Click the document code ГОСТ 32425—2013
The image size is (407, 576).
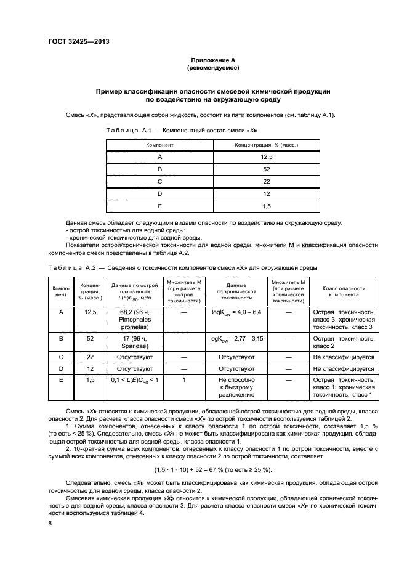click(75, 42)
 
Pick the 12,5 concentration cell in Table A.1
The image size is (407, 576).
click(267, 157)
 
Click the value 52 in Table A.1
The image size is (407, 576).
click(267, 169)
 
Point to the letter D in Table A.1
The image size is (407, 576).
click(159, 194)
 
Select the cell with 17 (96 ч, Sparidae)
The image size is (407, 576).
click(134, 343)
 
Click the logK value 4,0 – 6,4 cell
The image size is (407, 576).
click(236, 313)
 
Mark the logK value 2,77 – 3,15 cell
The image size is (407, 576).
click(236, 339)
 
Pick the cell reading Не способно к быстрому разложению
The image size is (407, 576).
click(236, 388)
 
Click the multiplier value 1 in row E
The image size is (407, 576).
click(184, 380)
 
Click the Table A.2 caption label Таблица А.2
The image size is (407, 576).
click(71, 268)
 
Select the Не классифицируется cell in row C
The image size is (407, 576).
click(343, 357)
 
